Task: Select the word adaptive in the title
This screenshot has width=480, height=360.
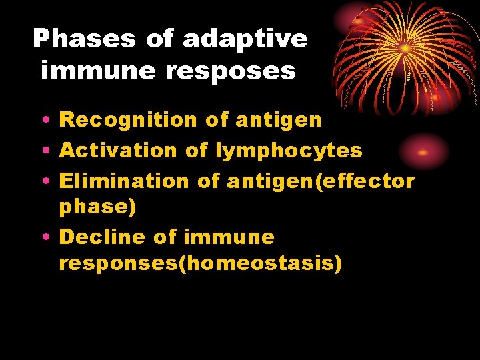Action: point(245,39)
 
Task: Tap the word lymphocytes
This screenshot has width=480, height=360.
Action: point(289,151)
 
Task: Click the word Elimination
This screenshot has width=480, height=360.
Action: point(124,181)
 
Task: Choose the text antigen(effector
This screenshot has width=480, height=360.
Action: point(321,181)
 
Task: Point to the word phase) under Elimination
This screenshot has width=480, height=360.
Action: point(97,207)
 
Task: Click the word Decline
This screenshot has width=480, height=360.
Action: point(103,237)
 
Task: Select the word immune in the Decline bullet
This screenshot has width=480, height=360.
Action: point(228,237)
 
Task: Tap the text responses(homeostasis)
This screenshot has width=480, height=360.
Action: point(200,263)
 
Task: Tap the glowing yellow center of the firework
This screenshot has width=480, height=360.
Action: point(405,49)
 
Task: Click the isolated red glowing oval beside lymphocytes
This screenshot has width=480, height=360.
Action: point(423,152)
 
